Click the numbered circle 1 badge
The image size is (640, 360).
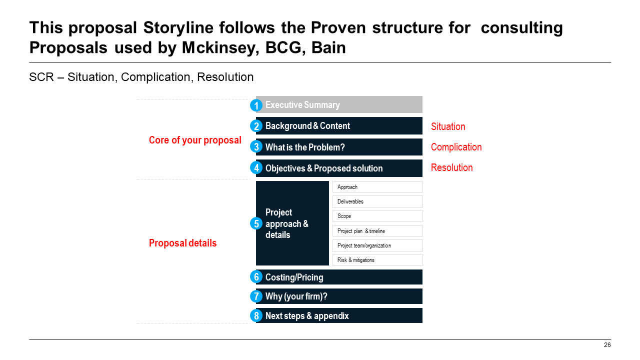pos(256,105)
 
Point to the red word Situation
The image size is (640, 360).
pos(448,126)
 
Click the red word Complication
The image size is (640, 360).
pos(456,147)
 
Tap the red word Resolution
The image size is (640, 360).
pos(451,167)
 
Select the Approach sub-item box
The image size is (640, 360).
pos(377,187)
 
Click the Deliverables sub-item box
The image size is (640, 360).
pos(377,201)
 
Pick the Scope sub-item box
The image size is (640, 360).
pos(377,216)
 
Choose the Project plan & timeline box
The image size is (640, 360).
pos(377,231)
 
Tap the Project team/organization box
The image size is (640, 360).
pos(377,245)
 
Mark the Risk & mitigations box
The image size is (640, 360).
pos(377,260)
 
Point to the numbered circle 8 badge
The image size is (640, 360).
pos(256,316)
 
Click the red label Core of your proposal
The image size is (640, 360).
pos(195,140)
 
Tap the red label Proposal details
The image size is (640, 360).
pos(183,243)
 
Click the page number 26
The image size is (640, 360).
pos(607,345)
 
